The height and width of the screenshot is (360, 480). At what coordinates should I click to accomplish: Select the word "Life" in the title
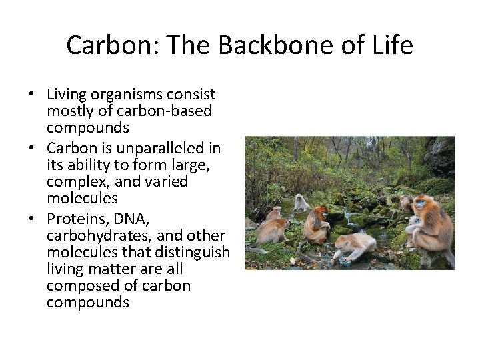pyautogui.click(x=393, y=45)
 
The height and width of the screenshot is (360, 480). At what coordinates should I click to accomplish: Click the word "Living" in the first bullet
pyautogui.click(x=67, y=95)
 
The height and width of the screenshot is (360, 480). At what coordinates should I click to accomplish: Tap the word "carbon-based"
pyautogui.click(x=148, y=111)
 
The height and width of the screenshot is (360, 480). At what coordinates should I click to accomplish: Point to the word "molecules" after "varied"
pyautogui.click(x=82, y=199)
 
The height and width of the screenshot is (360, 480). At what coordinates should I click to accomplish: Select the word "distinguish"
pyautogui.click(x=193, y=252)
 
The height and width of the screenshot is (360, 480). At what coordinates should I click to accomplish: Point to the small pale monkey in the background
pyautogui.click(x=301, y=202)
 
